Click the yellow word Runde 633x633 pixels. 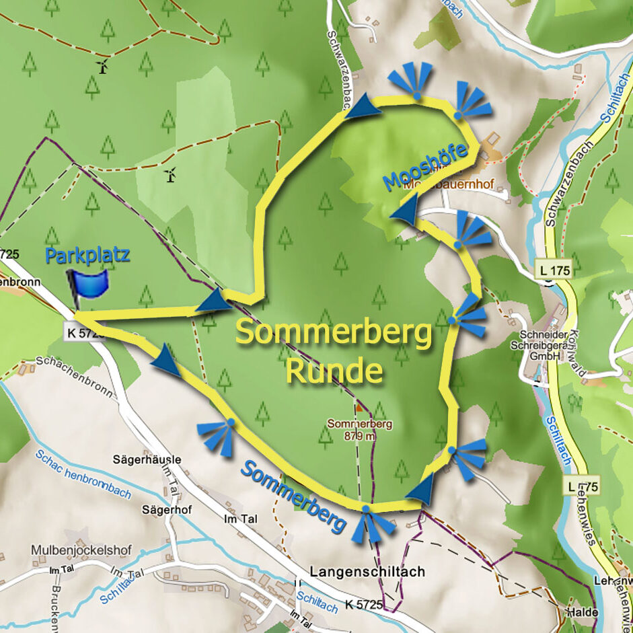point(334,371)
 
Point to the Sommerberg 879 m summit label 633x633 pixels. point(359,430)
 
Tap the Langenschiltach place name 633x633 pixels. point(367,571)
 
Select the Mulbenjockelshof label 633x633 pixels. point(76,550)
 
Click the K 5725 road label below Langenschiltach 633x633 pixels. point(361,605)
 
